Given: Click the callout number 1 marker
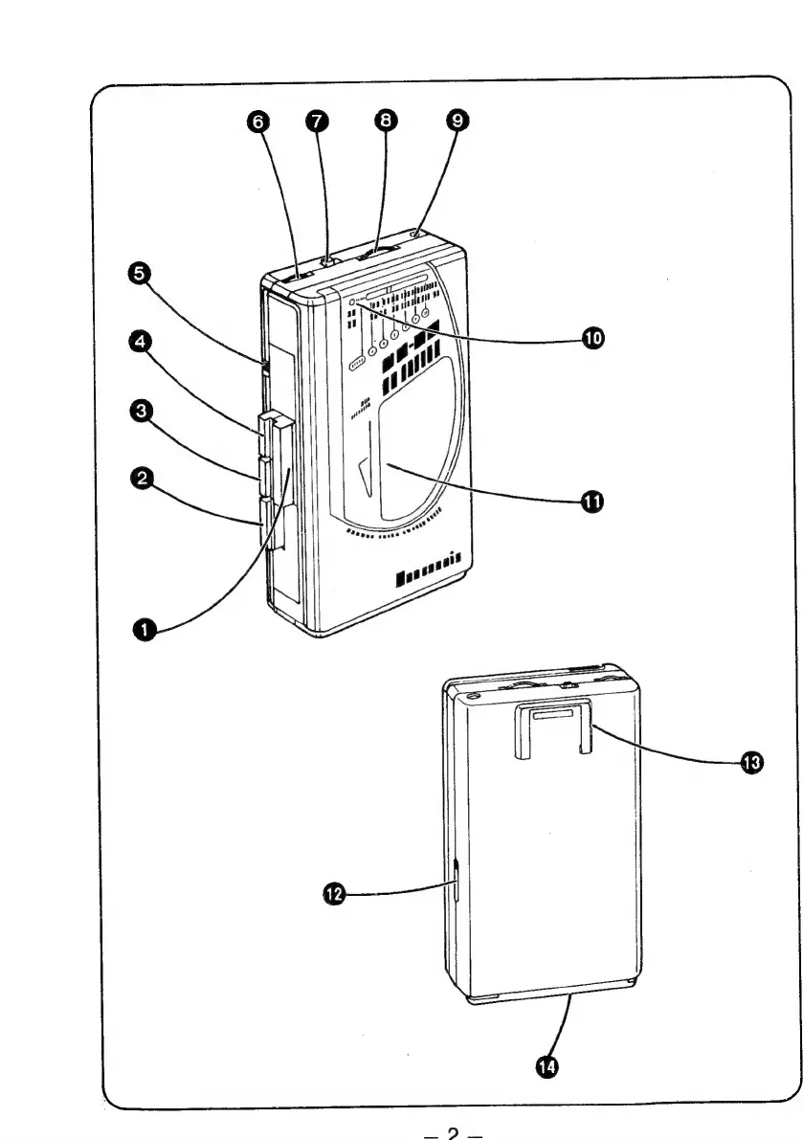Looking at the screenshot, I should [x=145, y=628].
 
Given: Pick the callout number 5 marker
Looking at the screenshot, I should [x=142, y=274].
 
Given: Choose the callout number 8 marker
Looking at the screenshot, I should [x=387, y=121].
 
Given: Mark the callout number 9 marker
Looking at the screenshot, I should [x=457, y=121].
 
